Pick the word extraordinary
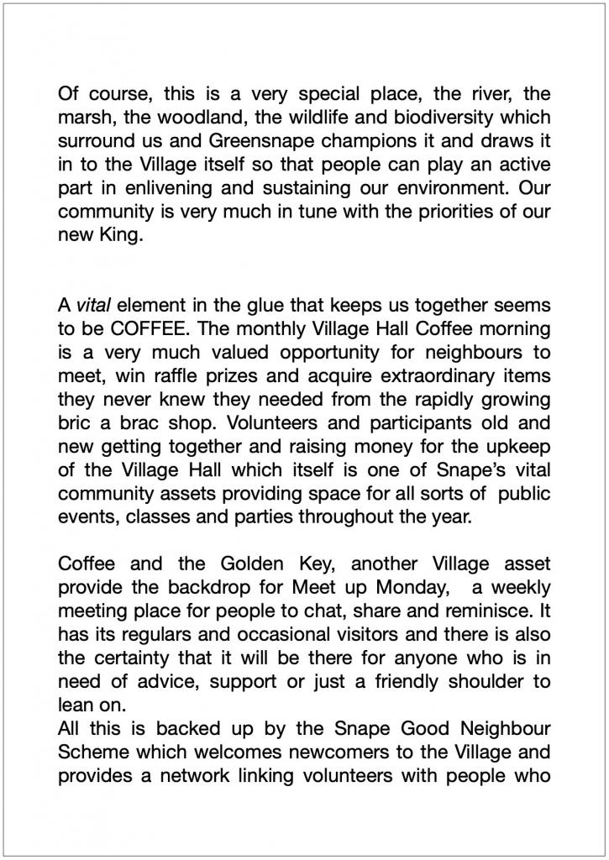(x=445, y=375)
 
